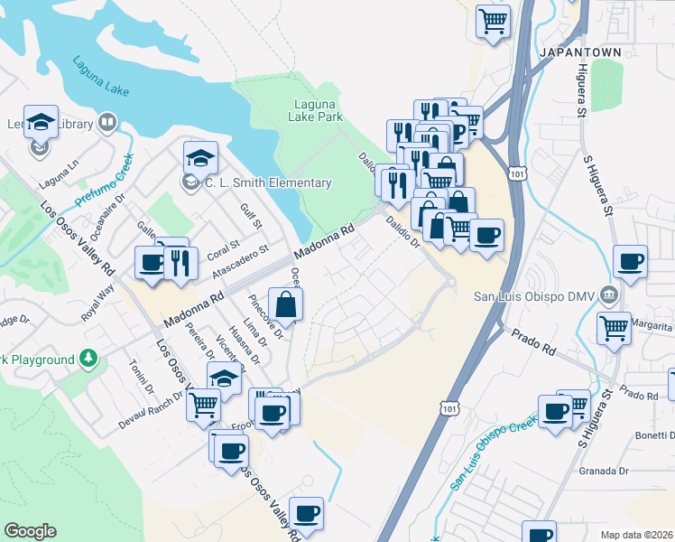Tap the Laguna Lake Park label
[x=316, y=110]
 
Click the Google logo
[x=30, y=531]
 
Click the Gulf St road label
[x=251, y=216]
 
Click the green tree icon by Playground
[x=88, y=360]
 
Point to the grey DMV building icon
[x=609, y=294]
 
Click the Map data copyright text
[x=637, y=535]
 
